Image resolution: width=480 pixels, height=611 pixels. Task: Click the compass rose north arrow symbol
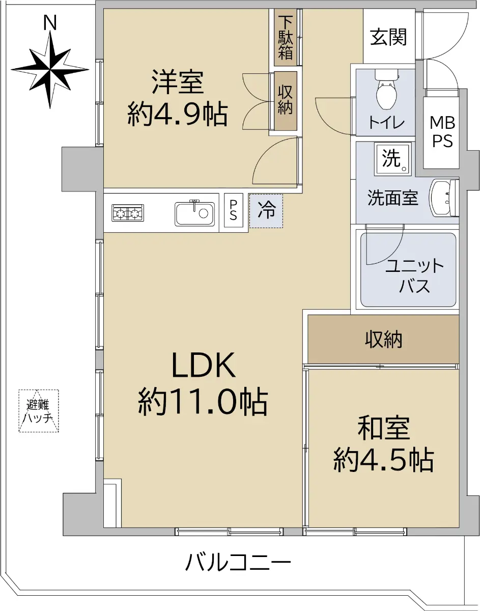point(50,69)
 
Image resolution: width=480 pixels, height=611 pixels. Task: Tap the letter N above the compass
point(50,23)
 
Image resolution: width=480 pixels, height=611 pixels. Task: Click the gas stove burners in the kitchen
point(128,213)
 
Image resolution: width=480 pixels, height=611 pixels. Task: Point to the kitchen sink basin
point(194,213)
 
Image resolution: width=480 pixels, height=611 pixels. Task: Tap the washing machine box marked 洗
point(392,159)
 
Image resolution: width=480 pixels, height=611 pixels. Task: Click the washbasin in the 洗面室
point(444,198)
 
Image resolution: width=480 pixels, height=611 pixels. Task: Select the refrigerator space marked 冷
point(266,211)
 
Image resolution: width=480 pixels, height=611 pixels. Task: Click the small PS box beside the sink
point(233,210)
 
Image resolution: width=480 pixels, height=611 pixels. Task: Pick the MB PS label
point(443,132)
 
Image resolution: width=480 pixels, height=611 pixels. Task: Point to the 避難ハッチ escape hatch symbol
point(39,410)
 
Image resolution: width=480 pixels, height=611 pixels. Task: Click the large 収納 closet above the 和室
point(383,339)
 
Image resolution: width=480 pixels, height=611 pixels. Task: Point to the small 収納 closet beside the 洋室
point(286,101)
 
